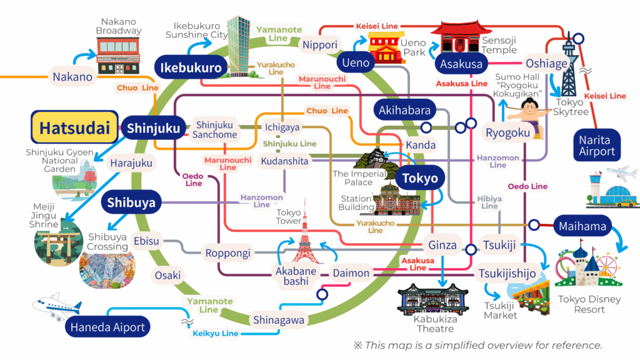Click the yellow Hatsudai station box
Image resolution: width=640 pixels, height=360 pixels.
pyautogui.click(x=74, y=128)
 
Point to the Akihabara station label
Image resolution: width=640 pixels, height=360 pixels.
pyautogui.click(x=404, y=111)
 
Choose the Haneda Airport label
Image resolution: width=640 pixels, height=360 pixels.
pyautogui.click(x=107, y=327)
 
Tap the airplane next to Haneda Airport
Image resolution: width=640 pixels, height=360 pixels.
pyautogui.click(x=57, y=306)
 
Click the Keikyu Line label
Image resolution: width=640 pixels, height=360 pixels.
pyautogui.click(x=216, y=333)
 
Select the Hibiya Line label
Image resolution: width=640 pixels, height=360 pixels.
pyautogui.click(x=489, y=202)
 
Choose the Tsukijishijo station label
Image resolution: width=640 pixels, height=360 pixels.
pyautogui.click(x=507, y=273)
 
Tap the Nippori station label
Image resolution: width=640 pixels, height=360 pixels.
pyautogui.click(x=320, y=45)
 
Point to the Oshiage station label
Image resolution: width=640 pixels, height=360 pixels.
pyautogui.click(x=546, y=64)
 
